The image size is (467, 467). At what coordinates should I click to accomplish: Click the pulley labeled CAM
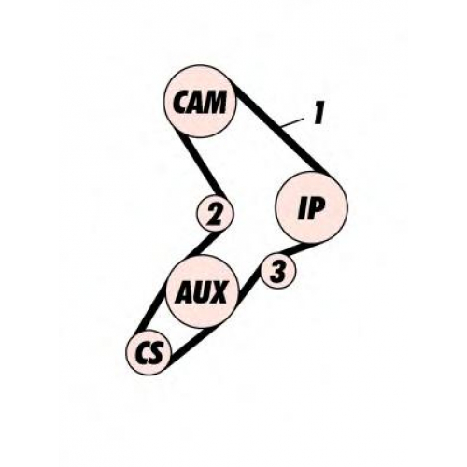pos(200,101)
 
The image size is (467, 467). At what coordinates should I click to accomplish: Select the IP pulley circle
pos(312,207)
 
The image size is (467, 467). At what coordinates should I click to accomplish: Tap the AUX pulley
pos(203,292)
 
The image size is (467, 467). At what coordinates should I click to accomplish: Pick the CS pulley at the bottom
pos(149,352)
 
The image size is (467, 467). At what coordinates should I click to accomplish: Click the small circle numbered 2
pos(215,214)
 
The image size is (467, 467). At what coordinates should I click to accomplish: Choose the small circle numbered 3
pos(277,272)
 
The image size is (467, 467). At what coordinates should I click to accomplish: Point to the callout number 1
pos(318,115)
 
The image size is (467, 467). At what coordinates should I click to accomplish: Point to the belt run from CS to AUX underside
pos(190,346)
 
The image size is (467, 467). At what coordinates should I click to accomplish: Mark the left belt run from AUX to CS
pos(151,308)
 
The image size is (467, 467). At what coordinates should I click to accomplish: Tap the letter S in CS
pos(155,353)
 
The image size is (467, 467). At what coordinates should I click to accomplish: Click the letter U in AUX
pos(199,292)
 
